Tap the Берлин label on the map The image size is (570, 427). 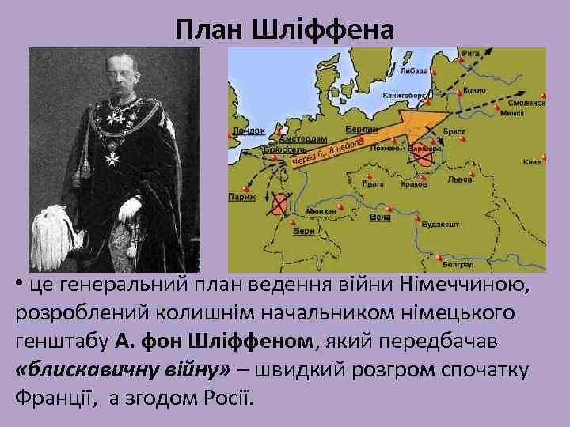(x=361, y=129)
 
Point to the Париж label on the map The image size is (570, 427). (x=242, y=197)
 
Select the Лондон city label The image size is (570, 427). (x=250, y=131)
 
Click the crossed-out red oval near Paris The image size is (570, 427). (x=279, y=204)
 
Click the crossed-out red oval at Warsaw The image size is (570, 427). (x=424, y=155)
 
